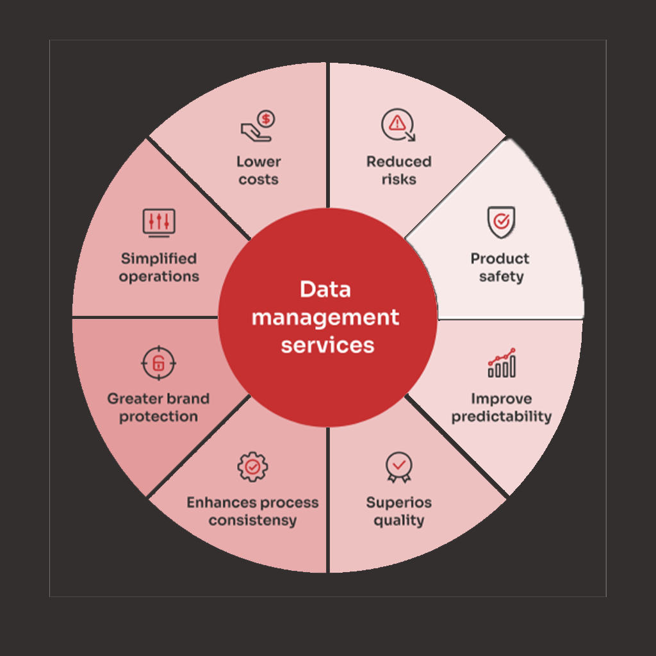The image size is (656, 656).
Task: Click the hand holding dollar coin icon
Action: point(258,126)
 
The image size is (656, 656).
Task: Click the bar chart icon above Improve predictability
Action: point(502,363)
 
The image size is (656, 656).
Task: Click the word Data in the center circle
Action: point(325,290)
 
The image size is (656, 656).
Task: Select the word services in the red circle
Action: point(327,345)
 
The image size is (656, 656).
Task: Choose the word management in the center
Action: point(325,317)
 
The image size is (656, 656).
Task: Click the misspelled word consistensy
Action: point(252,520)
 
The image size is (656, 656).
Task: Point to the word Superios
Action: point(398,502)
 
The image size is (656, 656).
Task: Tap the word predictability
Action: point(502,416)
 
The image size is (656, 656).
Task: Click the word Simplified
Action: point(159,259)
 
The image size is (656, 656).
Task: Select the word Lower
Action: point(259,161)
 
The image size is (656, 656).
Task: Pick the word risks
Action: point(398,179)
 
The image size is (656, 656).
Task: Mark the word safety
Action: point(501,277)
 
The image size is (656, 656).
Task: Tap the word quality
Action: point(398,520)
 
